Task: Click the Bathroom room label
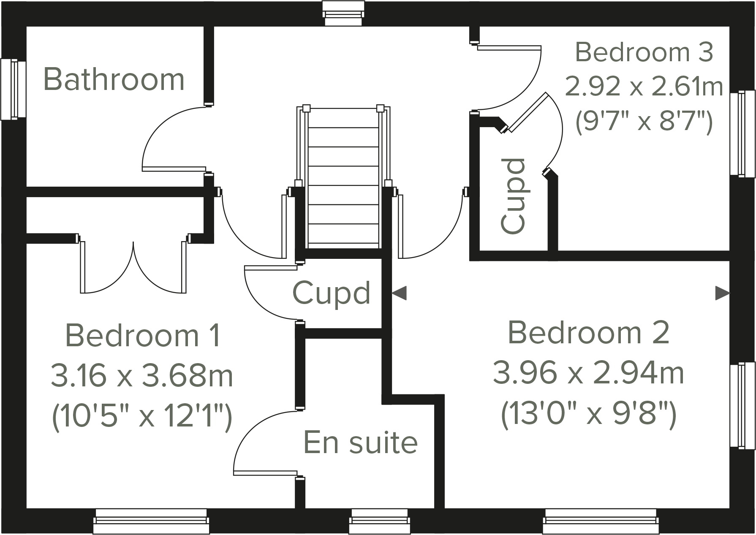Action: tap(114, 79)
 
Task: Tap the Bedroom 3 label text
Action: tap(644, 52)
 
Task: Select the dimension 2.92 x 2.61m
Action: tap(644, 87)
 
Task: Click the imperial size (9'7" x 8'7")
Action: tap(644, 122)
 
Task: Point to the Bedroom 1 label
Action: tap(143, 336)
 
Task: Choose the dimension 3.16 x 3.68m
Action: tap(142, 376)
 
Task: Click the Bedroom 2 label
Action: tap(588, 333)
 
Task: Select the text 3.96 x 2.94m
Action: tap(588, 374)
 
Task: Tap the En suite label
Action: tap(361, 443)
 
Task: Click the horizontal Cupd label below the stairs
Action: tap(332, 293)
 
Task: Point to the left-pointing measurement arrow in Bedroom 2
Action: tap(400, 293)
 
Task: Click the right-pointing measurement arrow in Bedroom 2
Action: tap(722, 293)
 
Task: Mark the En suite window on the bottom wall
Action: tap(380, 521)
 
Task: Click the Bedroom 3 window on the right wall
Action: tap(742, 133)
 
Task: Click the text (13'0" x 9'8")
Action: tap(588, 414)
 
